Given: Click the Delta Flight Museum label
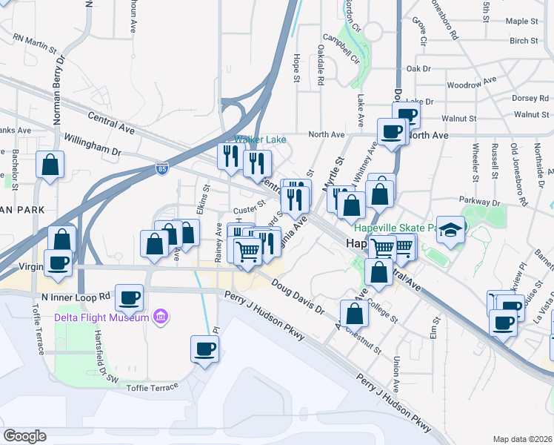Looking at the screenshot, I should coord(101,318).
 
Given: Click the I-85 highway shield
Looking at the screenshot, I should coord(162,170).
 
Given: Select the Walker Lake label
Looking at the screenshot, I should coord(261,139).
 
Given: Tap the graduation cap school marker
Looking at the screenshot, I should coord(449,230).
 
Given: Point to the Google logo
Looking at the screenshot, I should coord(25,436).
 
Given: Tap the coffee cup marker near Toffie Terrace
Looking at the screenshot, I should coord(204,349).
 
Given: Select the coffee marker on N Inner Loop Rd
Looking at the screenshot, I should coord(130,297).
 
